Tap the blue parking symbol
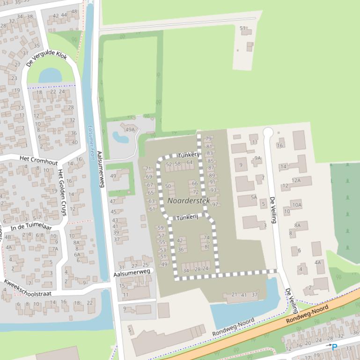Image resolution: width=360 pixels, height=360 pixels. (334, 347)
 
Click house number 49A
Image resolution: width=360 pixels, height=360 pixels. (130, 130)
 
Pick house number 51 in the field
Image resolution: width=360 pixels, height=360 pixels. (242, 29)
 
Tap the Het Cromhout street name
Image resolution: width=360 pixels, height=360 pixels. (39, 160)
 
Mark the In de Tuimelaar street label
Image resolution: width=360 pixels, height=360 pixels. (31, 226)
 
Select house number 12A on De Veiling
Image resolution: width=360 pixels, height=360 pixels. (296, 180)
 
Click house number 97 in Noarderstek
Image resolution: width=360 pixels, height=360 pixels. (215, 204)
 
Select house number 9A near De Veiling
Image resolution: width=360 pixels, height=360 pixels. (257, 158)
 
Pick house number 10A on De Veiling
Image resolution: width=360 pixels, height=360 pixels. (297, 205)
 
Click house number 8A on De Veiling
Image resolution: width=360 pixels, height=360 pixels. (297, 225)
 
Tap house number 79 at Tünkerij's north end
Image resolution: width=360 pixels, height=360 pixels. (208, 139)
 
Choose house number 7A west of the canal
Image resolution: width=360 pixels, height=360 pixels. (55, 249)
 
